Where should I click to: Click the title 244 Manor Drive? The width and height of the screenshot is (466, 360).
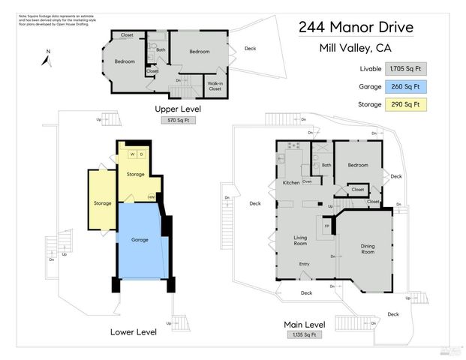click(356, 28)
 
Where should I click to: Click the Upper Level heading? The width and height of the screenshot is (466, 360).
click(178, 109)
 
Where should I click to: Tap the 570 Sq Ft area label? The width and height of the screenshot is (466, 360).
click(178, 120)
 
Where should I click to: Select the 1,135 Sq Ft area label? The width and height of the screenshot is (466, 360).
click(305, 334)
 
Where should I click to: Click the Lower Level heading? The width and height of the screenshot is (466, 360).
click(133, 331)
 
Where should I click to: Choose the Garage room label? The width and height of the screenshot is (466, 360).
click(140, 240)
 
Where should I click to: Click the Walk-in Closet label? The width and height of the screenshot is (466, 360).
click(215, 86)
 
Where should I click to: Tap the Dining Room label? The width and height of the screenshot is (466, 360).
click(368, 249)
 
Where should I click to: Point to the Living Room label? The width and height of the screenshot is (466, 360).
click(300, 241)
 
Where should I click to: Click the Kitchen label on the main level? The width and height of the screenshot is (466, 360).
click(291, 183)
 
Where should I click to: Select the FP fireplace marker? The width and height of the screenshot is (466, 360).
click(326, 225)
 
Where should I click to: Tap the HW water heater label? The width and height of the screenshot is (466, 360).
click(151, 197)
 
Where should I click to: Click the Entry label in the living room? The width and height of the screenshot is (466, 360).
click(304, 264)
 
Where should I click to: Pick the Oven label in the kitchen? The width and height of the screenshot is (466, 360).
click(307, 181)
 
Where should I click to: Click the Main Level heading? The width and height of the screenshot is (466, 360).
click(305, 324)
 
